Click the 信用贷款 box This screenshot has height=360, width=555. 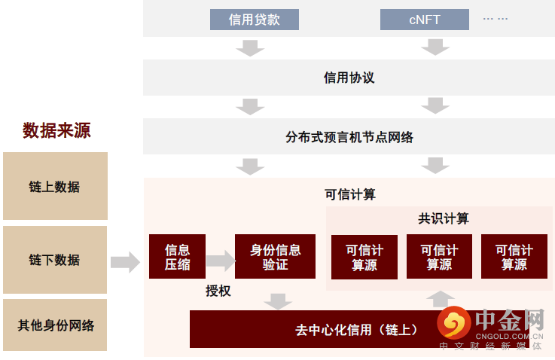tap(254, 20)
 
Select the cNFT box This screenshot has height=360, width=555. tap(425, 20)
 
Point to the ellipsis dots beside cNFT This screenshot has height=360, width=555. tap(495, 18)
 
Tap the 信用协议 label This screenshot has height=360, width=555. tap(349, 78)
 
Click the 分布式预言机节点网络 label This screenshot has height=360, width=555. tap(349, 137)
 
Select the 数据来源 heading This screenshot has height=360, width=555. tap(56, 130)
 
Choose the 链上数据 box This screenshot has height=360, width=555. tap(54, 187)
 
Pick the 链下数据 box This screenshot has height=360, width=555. tap(54, 260)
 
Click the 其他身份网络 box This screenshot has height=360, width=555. tap(56, 326)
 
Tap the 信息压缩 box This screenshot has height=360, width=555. tap(177, 257)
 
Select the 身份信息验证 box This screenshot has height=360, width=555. tap(275, 257)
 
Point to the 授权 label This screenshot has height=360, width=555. tap(218, 291)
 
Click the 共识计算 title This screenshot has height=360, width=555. tap(444, 218)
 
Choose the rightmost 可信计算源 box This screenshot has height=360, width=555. tap(514, 257)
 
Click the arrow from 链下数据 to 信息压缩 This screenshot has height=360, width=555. tap(125, 262)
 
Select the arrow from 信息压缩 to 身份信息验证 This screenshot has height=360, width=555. tap(220, 261)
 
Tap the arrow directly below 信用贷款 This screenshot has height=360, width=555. tap(250, 47)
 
